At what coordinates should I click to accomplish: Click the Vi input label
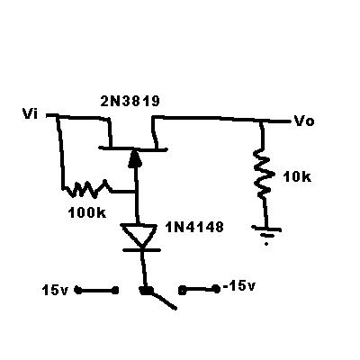30,113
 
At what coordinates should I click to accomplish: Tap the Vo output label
304,121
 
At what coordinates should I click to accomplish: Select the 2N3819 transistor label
130,102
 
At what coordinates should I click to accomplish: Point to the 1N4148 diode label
194,227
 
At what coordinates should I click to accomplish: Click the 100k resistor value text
87,212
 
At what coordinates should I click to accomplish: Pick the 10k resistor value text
297,176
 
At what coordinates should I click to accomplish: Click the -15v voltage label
239,286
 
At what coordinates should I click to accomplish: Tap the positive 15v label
56,290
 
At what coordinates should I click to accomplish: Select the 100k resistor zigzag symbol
87,189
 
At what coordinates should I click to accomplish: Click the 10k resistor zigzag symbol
263,174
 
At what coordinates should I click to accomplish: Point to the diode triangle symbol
139,235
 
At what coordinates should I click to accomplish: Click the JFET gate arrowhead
134,159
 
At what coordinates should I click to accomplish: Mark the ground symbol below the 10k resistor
266,230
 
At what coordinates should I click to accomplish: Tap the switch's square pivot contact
146,291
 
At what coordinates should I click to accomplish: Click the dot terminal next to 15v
78,290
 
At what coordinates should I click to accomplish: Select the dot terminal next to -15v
215,289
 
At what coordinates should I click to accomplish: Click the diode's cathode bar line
141,249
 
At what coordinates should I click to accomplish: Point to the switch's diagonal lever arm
162,300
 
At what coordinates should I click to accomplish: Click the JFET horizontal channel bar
132,149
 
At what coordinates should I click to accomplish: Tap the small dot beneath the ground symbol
266,244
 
